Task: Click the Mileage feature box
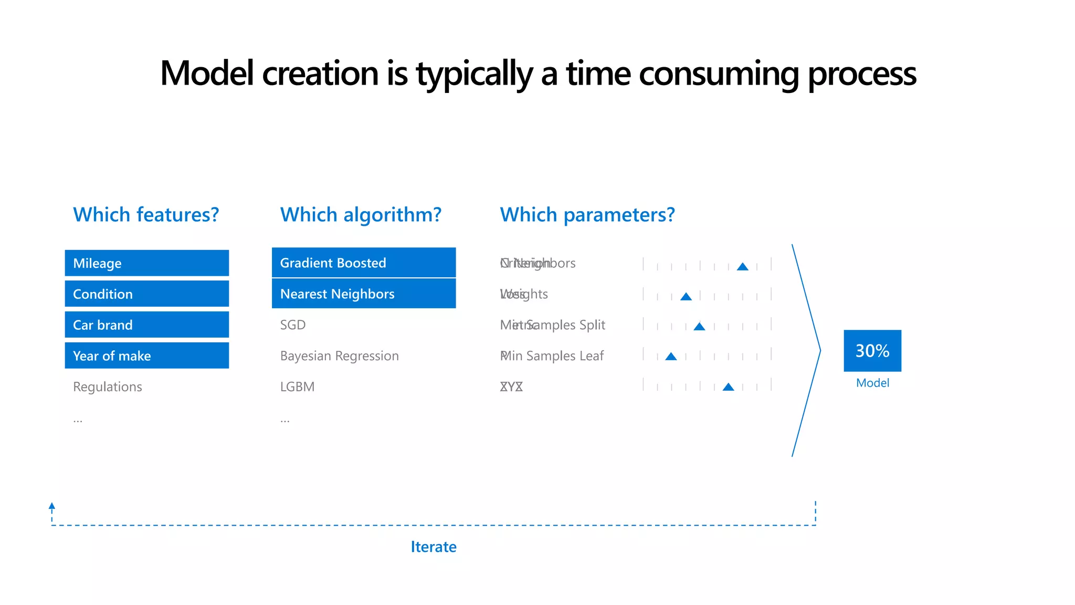point(146,263)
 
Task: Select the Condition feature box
point(146,294)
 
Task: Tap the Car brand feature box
point(146,325)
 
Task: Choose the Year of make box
point(146,356)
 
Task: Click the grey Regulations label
point(108,387)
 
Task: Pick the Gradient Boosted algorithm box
point(363,263)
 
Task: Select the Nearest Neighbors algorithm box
point(363,294)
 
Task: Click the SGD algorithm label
point(292,325)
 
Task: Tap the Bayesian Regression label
point(339,356)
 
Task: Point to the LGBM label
point(297,387)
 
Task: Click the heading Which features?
point(146,215)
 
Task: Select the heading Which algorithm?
point(361,215)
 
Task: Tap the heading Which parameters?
point(587,215)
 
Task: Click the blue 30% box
point(872,350)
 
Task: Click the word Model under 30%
point(872,383)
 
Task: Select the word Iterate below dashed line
point(433,547)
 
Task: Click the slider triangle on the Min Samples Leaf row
point(671,357)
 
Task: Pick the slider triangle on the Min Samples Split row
point(699,327)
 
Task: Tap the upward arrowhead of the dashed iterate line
point(52,506)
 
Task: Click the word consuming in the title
point(719,74)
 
